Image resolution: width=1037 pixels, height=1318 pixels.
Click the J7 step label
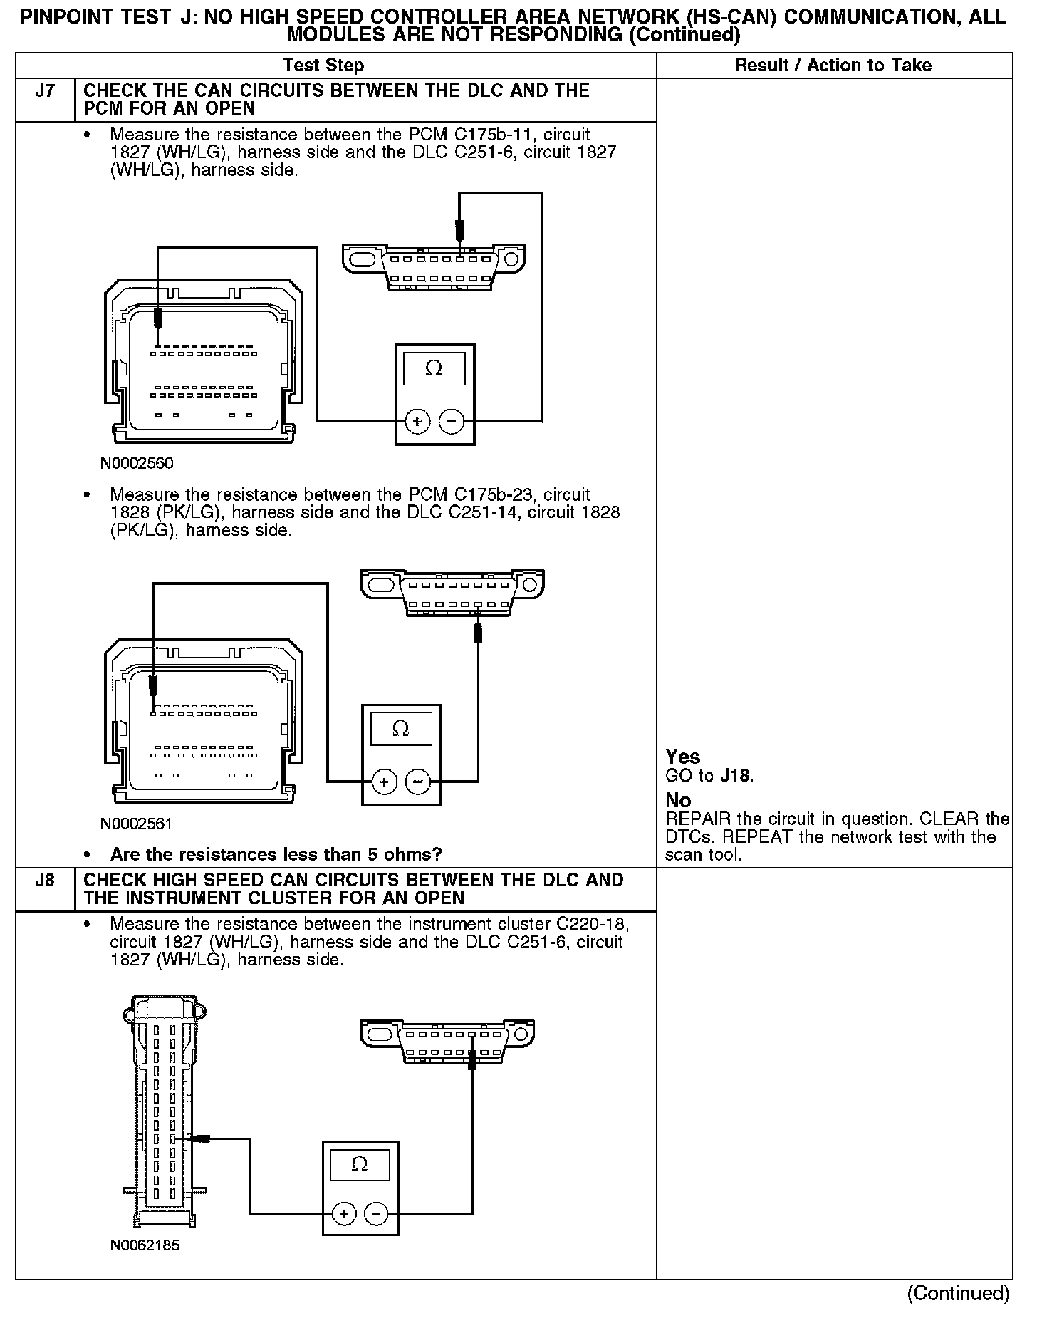click(x=44, y=91)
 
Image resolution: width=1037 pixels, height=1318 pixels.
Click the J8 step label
click(x=44, y=881)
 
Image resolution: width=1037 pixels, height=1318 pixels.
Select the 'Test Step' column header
click(x=323, y=66)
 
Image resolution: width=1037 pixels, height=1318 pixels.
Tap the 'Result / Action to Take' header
click(x=833, y=66)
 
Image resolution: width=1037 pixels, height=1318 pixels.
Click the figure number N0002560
click(x=137, y=463)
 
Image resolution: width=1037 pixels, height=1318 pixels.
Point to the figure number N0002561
click(x=137, y=824)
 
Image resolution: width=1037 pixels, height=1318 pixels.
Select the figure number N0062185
click(x=145, y=1245)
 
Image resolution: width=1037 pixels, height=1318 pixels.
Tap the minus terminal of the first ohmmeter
click(x=451, y=422)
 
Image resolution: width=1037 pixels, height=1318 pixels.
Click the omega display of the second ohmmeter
click(x=400, y=728)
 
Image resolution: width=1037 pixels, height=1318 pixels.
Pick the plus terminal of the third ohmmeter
click(x=343, y=1213)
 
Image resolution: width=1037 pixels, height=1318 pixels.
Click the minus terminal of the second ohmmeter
click(x=417, y=782)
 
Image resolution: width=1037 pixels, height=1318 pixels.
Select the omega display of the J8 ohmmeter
click(x=360, y=1164)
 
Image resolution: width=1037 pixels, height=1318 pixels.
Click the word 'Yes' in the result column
click(x=682, y=757)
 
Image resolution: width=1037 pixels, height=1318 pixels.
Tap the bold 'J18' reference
click(x=736, y=776)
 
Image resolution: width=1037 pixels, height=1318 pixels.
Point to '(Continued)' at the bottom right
click(x=958, y=1293)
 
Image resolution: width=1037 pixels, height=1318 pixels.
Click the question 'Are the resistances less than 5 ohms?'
click(x=276, y=854)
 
